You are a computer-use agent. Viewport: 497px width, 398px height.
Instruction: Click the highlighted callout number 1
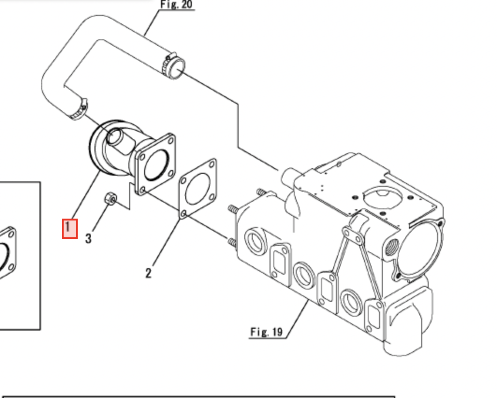click(x=69, y=228)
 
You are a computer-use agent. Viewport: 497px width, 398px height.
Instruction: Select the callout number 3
click(x=88, y=238)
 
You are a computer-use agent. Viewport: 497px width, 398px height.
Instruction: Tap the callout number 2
click(x=148, y=273)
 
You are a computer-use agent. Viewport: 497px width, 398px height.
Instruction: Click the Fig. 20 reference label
click(x=176, y=5)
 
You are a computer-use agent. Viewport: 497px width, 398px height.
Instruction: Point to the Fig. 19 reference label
click(x=266, y=332)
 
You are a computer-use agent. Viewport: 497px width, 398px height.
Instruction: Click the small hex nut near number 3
click(x=111, y=199)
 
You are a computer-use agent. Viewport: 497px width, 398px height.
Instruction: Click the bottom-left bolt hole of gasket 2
click(x=184, y=214)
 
